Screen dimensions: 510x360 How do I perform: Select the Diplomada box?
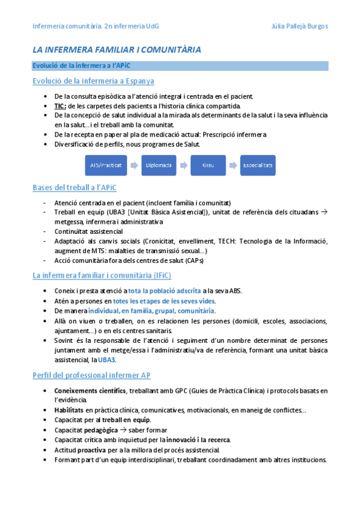tap(157, 164)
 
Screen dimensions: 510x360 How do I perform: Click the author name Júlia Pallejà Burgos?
tap(299, 26)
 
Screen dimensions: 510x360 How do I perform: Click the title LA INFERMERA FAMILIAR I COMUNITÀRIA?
tap(117, 49)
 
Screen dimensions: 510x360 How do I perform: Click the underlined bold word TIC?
tap(59, 105)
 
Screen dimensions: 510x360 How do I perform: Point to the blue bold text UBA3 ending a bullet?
tap(106, 360)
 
